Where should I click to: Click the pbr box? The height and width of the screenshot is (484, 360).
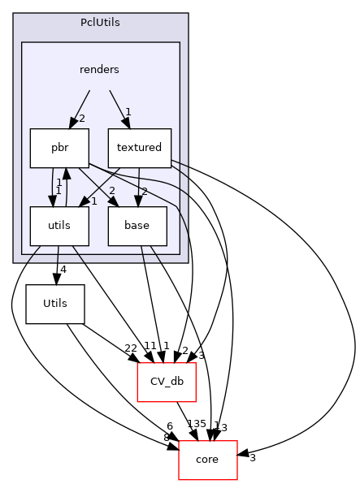click(x=59, y=148)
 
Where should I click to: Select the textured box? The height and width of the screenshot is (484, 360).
click(x=138, y=148)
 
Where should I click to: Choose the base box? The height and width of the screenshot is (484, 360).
click(x=138, y=226)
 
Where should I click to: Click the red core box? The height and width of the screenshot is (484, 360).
click(x=207, y=460)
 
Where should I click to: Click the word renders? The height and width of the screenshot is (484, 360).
click(x=99, y=70)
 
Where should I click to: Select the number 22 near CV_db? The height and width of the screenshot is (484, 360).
click(x=130, y=348)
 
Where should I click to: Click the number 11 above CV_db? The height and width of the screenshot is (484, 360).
click(x=150, y=346)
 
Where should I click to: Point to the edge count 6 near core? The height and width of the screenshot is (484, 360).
click(x=170, y=427)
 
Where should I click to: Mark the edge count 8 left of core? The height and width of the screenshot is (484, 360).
click(x=167, y=438)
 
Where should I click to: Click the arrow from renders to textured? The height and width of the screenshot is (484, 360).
click(x=118, y=106)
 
